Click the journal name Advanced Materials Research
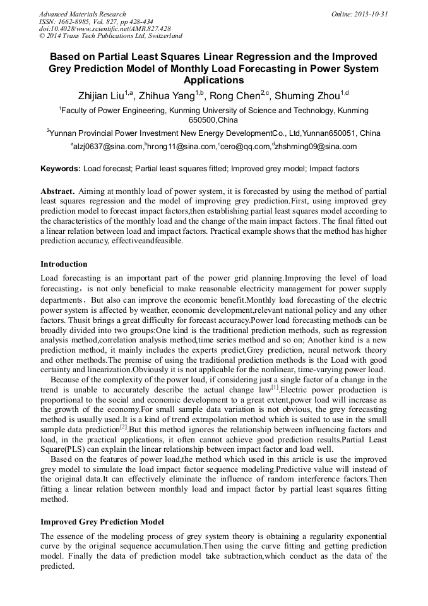click(82, 14)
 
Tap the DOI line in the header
click(104, 29)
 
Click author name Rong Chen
click(240, 95)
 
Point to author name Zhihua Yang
click(169, 95)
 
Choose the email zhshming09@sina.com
click(316, 147)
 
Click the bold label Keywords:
click(61, 169)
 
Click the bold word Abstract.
click(58, 191)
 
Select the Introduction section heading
click(64, 264)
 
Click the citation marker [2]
click(124, 427)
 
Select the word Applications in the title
click(213, 80)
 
